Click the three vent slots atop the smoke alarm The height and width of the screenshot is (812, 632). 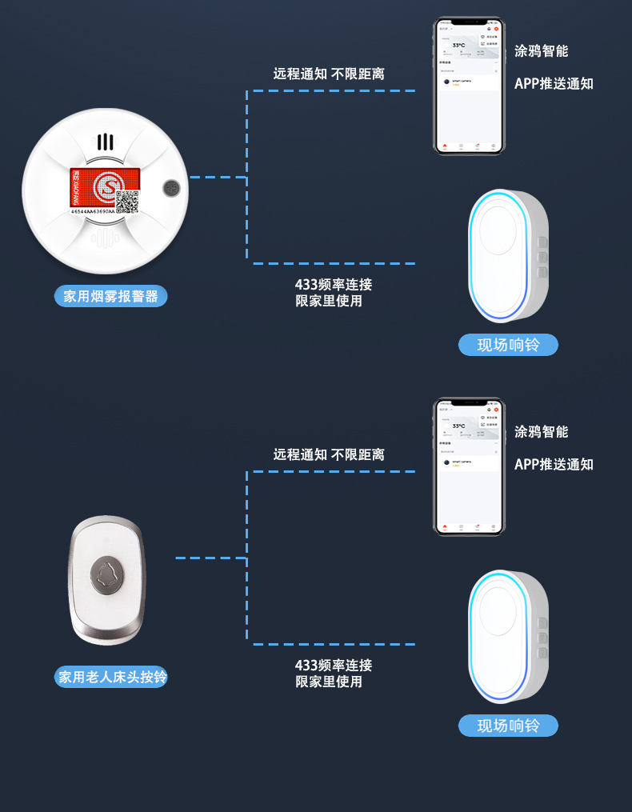point(106,142)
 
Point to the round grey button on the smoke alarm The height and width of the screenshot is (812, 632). point(171,188)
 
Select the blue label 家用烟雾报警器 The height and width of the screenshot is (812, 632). point(111,296)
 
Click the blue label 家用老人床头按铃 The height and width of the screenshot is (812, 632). point(112,677)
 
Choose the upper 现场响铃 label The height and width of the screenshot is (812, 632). point(508,345)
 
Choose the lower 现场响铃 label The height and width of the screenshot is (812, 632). point(508,726)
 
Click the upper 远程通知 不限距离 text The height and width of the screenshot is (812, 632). point(329,74)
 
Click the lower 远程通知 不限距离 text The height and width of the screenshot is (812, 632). point(329,454)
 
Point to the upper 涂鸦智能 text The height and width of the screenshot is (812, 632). point(542,51)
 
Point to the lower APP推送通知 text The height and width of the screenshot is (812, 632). point(554,464)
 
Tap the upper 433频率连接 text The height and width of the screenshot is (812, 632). point(334,284)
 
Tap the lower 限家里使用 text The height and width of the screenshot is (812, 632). point(329,682)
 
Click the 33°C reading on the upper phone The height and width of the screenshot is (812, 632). point(459,46)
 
